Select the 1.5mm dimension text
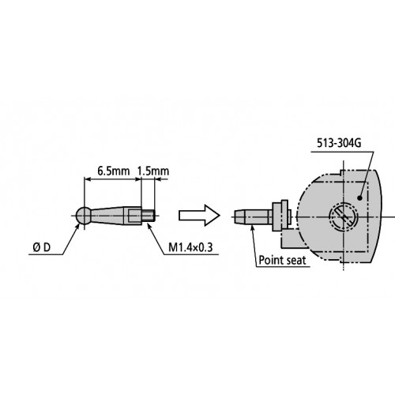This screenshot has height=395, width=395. tap(152, 171)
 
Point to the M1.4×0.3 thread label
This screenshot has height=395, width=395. tap(189, 248)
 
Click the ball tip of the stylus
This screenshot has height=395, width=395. tap(85, 214)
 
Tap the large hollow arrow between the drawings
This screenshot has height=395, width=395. tap(196, 214)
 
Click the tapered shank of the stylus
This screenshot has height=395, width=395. tap(115, 214)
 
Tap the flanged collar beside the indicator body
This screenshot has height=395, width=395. tap(276, 213)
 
